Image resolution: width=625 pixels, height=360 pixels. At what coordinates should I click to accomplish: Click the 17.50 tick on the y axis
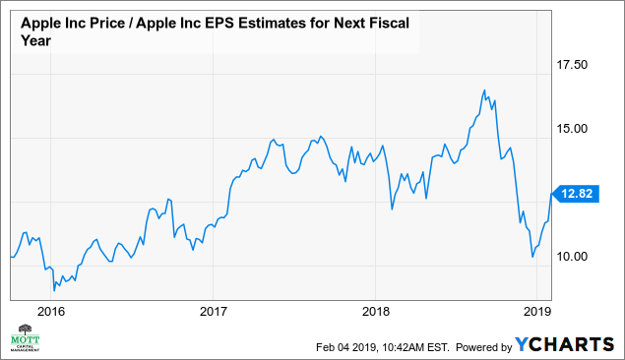[573, 65]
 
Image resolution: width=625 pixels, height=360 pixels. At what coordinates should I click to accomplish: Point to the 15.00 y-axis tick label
[573, 128]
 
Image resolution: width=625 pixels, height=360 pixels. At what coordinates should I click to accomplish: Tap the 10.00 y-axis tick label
[573, 257]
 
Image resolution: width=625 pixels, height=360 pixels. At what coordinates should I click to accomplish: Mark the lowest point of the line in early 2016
[54, 291]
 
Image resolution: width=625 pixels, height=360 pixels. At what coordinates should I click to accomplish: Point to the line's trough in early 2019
[532, 258]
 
